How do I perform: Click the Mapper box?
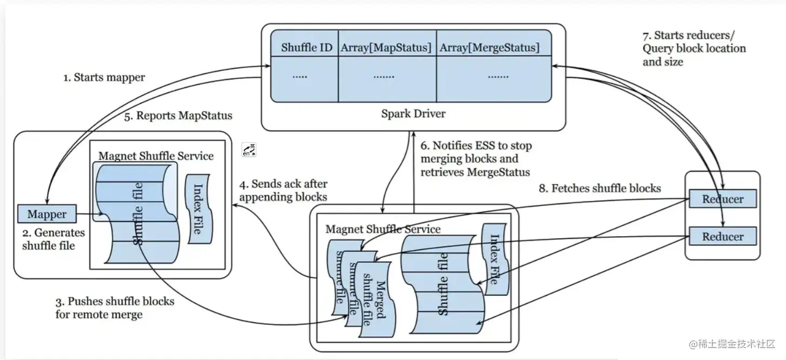click(47, 214)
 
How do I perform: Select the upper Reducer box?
click(722, 199)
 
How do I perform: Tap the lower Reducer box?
click(722, 237)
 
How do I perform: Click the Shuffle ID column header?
click(307, 48)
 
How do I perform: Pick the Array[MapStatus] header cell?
click(386, 48)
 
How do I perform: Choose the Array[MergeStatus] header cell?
click(489, 48)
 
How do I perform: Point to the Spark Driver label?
click(413, 114)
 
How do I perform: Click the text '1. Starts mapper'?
click(104, 77)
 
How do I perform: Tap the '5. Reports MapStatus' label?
click(178, 116)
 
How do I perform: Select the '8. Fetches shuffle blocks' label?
click(600, 188)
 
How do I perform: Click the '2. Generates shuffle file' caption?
click(53, 239)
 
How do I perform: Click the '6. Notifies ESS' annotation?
click(476, 159)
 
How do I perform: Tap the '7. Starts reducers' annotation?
click(694, 48)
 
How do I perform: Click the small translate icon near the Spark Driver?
click(249, 150)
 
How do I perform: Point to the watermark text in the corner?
click(732, 344)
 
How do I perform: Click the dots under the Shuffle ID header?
click(299, 76)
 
